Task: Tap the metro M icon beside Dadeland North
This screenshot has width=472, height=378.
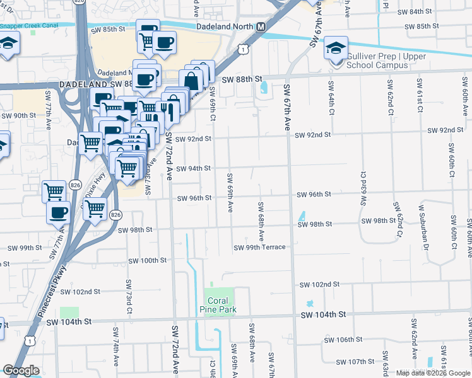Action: (261, 28)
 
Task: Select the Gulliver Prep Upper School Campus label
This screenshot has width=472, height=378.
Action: (386, 60)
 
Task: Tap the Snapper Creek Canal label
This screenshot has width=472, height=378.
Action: (31, 25)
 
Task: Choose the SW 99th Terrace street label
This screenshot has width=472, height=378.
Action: (259, 248)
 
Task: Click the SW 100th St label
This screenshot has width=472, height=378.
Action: (147, 260)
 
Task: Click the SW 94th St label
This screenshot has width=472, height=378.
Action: (192, 169)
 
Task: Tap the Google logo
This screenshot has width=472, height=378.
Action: (21, 370)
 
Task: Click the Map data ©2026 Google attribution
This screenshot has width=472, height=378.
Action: (432, 373)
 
